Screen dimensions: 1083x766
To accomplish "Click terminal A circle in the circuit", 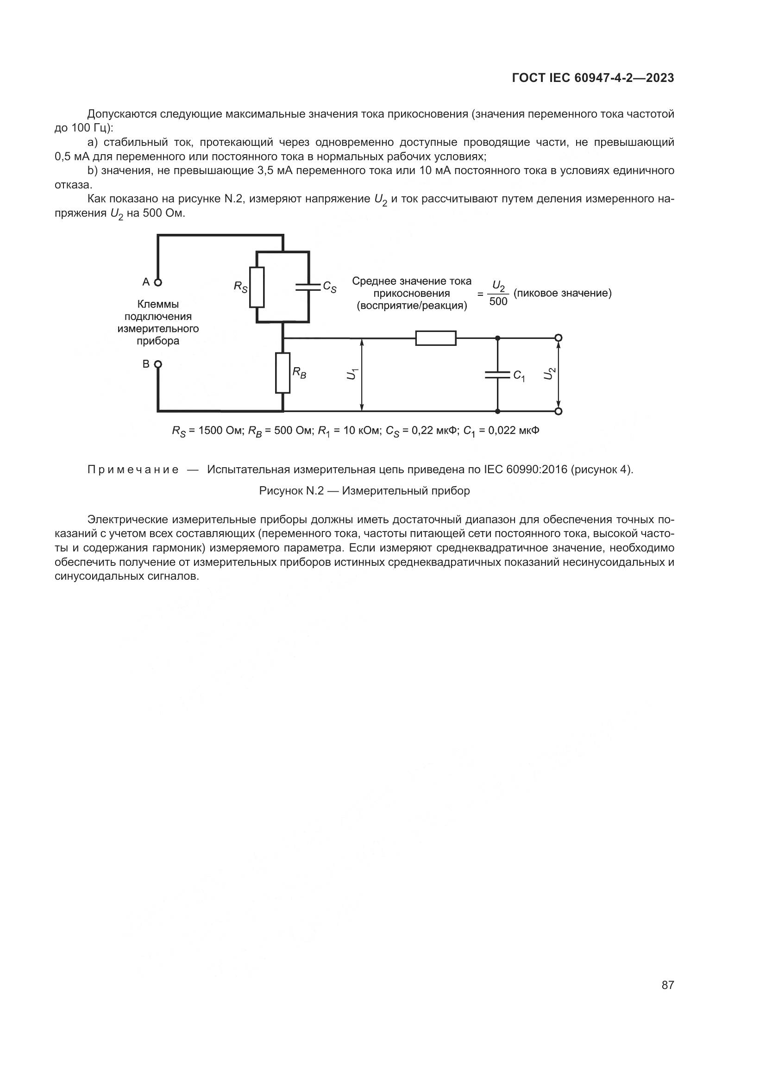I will pos(158,282).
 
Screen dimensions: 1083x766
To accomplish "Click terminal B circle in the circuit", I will pos(158,364).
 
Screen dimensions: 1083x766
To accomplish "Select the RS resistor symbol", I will pos(257,287).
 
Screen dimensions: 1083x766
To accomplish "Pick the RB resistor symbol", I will pos(283,372).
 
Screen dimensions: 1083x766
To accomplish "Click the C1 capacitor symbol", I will pos(497,375).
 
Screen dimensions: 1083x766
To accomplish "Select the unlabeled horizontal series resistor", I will pos(436,338).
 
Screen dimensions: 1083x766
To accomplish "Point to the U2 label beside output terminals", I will pos(548,374).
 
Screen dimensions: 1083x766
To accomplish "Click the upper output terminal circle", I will pos(559,338).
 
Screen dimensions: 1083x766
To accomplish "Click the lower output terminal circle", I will pos(559,411).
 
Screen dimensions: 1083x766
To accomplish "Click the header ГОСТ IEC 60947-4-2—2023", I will pos(593,78).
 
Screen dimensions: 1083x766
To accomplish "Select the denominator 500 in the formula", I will pos(498,301).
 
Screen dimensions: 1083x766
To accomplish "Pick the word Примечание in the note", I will pos(133,470).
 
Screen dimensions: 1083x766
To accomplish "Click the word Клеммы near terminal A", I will pos(158,304).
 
